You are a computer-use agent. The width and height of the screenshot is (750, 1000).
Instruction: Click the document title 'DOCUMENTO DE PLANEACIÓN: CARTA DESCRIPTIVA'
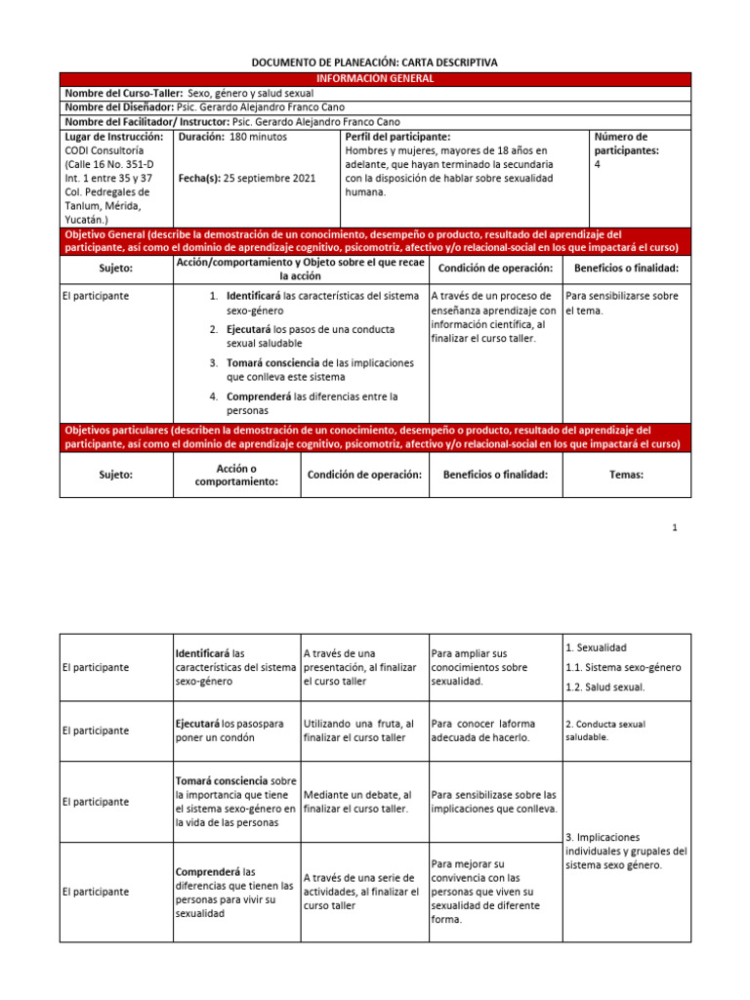pos(375,62)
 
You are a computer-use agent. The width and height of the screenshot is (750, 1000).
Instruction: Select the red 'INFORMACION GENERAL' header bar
pos(375,78)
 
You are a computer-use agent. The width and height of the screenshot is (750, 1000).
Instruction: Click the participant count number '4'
pos(598,165)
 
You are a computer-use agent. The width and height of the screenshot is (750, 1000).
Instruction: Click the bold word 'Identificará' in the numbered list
pos(253,296)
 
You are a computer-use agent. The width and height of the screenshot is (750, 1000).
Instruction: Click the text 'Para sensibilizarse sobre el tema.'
pos(622,303)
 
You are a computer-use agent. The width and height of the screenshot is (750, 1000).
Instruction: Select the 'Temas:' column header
pos(626,475)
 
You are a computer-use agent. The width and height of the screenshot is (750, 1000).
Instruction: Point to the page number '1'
pos(674,528)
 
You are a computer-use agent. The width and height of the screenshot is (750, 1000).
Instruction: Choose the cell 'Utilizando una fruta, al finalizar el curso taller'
pos(359,730)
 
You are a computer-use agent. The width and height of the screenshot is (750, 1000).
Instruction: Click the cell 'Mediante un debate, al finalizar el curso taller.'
pos(357,802)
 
